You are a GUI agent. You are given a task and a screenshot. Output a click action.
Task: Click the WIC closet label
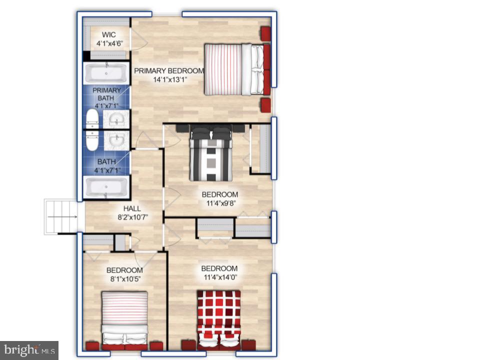[109, 34]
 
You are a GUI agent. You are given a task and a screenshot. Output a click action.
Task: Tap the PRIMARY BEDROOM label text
[169, 70]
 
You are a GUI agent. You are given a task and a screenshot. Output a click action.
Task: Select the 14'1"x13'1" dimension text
[169, 79]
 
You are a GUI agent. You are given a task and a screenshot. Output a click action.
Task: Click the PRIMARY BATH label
[106, 94]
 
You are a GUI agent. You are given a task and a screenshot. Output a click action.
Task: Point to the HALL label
[132, 208]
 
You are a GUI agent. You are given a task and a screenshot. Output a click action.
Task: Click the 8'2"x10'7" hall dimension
[132, 217]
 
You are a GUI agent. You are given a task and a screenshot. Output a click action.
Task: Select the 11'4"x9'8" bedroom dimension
[219, 203]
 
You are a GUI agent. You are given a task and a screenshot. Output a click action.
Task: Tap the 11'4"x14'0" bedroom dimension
[219, 277]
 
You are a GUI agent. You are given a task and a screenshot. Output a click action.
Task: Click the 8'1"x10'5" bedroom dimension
[124, 279]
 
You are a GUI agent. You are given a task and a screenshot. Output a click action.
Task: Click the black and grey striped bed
[211, 152]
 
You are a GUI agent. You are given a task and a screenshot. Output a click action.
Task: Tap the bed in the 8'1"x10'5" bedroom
[124, 316]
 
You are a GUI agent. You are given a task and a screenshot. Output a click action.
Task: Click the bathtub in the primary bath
[105, 73]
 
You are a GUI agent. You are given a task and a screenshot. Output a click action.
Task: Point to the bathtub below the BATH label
[105, 188]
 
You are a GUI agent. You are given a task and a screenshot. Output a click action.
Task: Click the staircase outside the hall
[60, 216]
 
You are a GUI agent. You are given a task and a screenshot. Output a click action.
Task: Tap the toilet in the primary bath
[92, 119]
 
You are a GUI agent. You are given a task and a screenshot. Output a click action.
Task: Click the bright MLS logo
[29, 349]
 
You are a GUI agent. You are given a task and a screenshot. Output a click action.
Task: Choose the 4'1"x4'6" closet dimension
[109, 43]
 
